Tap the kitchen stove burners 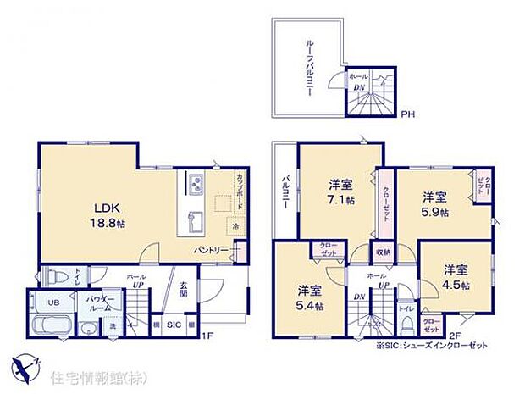(193, 185)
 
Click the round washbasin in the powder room (91, 329)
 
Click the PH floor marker (408, 114)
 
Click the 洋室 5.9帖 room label (436, 205)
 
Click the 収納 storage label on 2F (383, 252)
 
